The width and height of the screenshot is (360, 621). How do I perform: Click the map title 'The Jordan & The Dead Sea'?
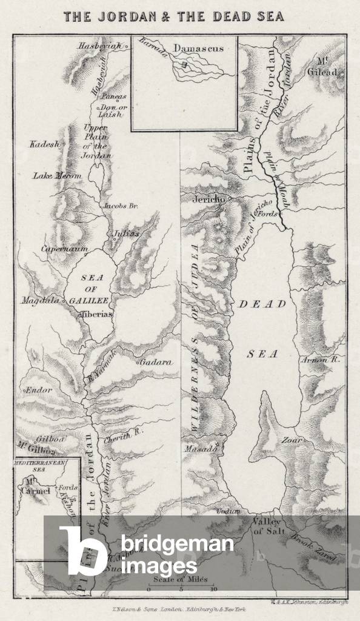[174, 16]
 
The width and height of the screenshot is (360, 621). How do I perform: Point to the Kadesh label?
[44, 144]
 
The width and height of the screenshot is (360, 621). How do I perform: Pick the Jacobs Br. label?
[120, 206]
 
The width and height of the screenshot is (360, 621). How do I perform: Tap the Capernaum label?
[64, 249]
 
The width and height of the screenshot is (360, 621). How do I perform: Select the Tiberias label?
[96, 314]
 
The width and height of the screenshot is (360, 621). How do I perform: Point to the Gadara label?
[156, 362]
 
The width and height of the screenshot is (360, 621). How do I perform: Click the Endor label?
[38, 390]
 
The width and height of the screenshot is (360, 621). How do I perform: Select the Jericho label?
[209, 199]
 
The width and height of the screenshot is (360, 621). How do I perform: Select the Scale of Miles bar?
[181, 584]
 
